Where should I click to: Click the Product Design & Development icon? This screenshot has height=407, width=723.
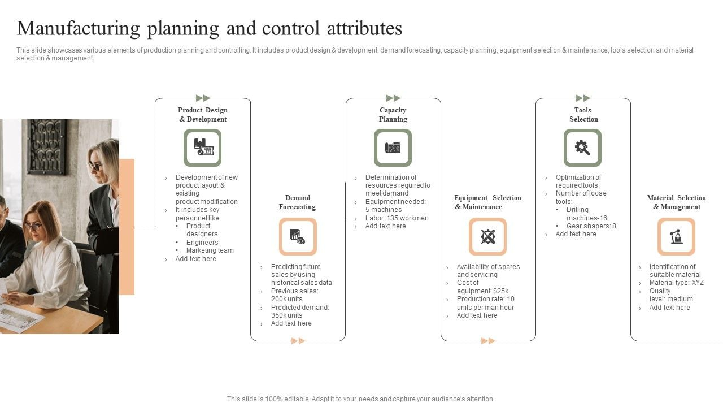202,148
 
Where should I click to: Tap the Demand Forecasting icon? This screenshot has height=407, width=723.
298,236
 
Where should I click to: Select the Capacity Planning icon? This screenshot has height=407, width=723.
393,148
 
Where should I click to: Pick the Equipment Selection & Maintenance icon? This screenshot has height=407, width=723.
487,236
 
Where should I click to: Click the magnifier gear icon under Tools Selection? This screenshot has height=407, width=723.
582,148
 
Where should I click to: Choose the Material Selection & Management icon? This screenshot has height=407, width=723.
676,236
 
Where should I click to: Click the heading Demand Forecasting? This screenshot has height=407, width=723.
297,202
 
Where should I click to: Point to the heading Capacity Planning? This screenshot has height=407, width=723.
393,115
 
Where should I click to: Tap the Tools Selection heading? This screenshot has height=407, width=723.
583,115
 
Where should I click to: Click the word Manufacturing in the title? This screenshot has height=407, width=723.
79,28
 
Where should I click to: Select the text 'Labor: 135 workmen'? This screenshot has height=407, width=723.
397,218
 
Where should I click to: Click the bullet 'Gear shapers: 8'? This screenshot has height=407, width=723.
591,226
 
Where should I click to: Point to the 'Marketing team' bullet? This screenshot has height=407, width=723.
210,250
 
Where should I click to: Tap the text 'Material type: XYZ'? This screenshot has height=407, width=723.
676,283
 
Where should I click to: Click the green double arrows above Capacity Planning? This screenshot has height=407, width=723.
393,98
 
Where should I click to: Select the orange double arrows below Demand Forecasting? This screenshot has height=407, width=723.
298,341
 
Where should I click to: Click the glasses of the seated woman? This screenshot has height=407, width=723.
33,226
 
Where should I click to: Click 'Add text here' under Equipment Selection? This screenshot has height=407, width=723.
477,315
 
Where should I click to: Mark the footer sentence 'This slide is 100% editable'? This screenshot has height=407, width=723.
360,399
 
